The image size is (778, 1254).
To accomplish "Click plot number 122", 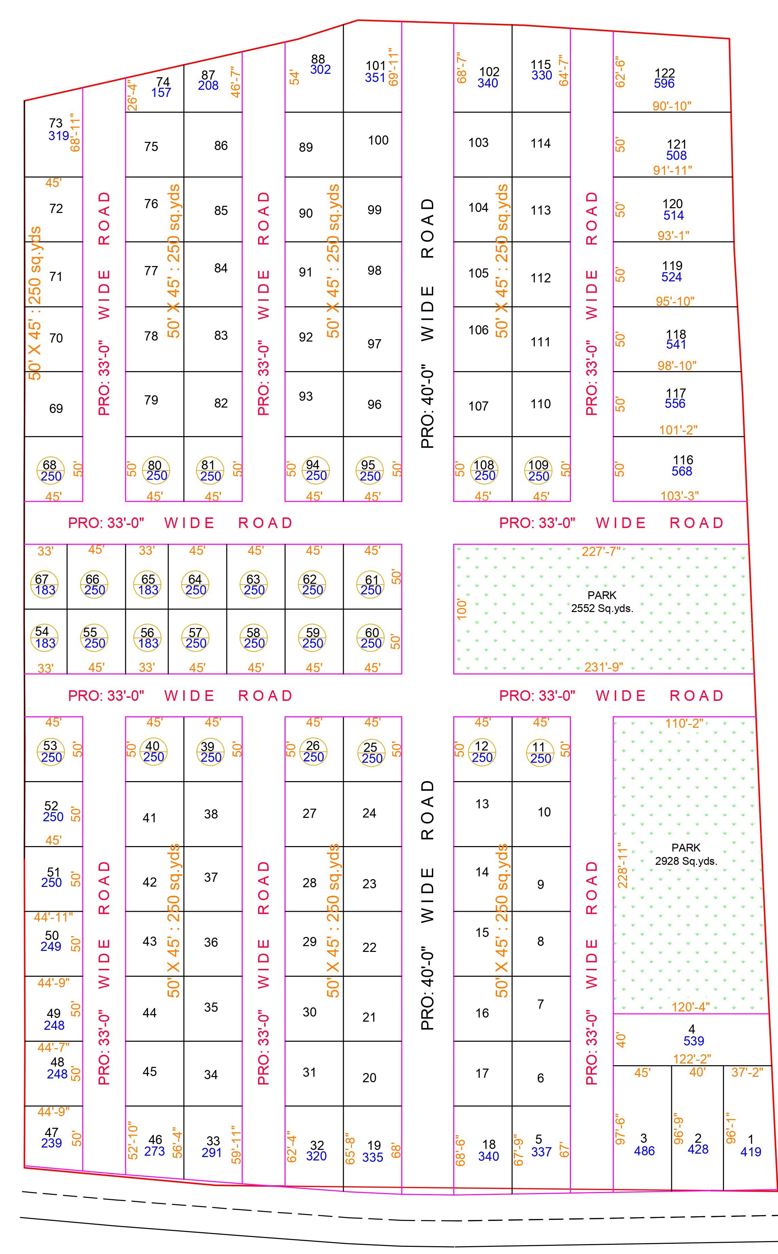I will tap(664, 73).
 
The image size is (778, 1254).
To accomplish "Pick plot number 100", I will tap(378, 140).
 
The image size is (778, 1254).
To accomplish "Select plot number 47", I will tap(51, 1133).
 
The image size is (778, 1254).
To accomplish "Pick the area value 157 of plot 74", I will tap(161, 93).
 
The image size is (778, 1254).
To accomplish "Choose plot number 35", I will tap(211, 1007).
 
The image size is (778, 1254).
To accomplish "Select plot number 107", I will tap(478, 406).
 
